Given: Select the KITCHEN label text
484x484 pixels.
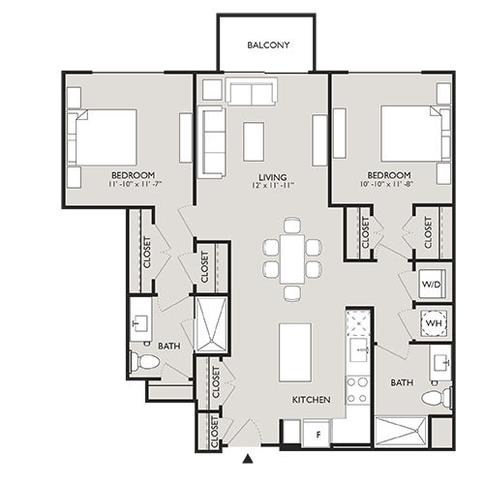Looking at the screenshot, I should (x=312, y=399).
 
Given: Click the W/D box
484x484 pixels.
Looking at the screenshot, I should (x=432, y=286).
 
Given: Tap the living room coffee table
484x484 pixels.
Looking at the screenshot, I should (x=254, y=140).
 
